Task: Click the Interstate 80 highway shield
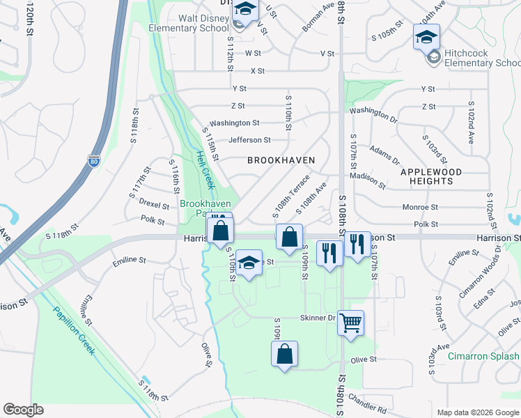[x=94, y=161]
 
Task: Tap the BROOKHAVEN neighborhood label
[x=281, y=160]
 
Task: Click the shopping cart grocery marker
[x=350, y=323]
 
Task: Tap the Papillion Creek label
[x=76, y=329]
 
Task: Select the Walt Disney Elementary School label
[x=189, y=23]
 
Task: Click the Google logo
[x=23, y=410]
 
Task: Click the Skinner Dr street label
[x=318, y=318]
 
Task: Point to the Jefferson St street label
[x=249, y=140]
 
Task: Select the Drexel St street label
[x=154, y=206]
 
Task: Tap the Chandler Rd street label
[x=366, y=404]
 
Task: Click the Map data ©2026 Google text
[x=478, y=412]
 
